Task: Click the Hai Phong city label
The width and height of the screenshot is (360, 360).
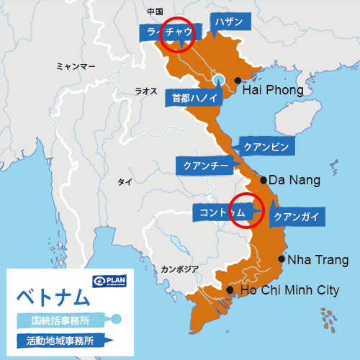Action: (272, 91)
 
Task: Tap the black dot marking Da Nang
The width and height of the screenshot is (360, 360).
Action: (264, 180)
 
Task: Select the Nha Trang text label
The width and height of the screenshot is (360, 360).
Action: (318, 260)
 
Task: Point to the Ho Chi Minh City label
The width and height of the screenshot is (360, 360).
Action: (289, 290)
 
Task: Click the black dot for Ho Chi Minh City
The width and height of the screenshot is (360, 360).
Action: (230, 290)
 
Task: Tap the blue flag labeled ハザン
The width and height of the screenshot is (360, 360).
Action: (230, 22)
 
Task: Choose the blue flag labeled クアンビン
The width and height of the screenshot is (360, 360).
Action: (266, 147)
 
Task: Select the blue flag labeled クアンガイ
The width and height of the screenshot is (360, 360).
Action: (296, 216)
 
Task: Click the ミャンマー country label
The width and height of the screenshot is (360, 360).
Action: (76, 66)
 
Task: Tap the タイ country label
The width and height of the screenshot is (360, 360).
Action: (125, 182)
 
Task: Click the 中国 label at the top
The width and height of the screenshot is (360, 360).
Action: (155, 12)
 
